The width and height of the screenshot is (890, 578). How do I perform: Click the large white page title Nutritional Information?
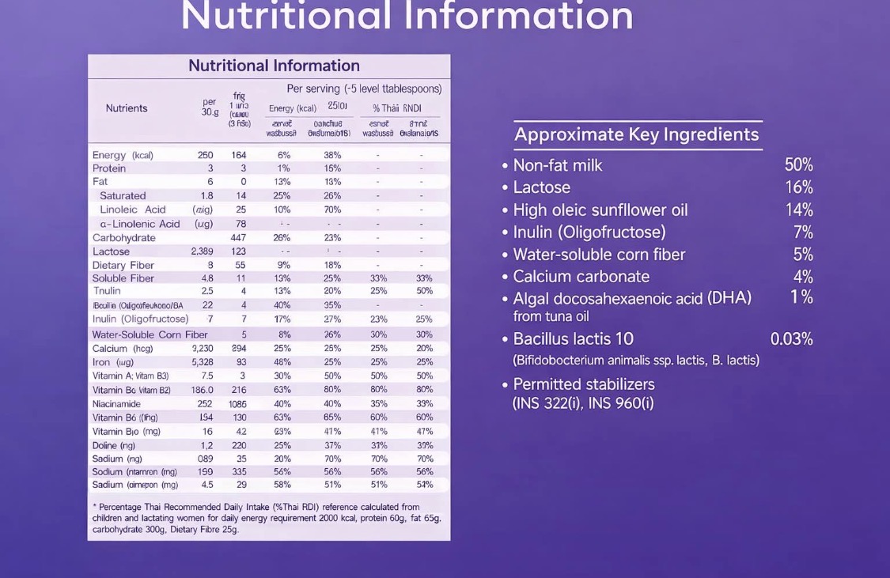pyautogui.click(x=407, y=16)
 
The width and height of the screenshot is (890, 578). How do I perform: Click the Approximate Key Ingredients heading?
pyautogui.click(x=636, y=134)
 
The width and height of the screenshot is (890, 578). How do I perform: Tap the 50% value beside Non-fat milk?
pyautogui.click(x=798, y=165)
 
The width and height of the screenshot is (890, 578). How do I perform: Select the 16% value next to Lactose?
pyautogui.click(x=798, y=187)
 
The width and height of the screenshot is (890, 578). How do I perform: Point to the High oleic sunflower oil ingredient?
pyautogui.click(x=600, y=210)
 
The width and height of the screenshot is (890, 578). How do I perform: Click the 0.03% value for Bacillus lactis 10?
pyautogui.click(x=791, y=339)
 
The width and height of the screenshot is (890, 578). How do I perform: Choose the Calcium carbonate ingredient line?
pyautogui.click(x=581, y=277)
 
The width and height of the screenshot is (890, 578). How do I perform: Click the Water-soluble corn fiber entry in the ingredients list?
pyautogui.click(x=599, y=255)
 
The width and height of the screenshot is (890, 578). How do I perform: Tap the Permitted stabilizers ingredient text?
pyautogui.click(x=584, y=384)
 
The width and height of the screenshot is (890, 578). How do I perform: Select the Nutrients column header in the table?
pyautogui.click(x=127, y=108)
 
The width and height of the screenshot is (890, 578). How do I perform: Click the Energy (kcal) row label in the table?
pyautogui.click(x=123, y=155)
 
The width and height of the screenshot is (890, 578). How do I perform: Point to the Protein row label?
pyautogui.click(x=109, y=168)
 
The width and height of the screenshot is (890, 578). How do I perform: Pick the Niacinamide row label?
pyautogui.click(x=116, y=404)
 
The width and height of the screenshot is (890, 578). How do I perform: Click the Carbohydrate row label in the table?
pyautogui.click(x=124, y=238)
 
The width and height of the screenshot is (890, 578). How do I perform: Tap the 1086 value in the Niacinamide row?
pyautogui.click(x=237, y=404)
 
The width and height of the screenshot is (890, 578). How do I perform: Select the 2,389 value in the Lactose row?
pyautogui.click(x=202, y=251)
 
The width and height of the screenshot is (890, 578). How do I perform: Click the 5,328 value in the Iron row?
pyautogui.click(x=202, y=362)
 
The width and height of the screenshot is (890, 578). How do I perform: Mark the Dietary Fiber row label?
pyautogui.click(x=123, y=265)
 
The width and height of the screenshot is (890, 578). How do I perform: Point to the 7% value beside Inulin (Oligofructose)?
pyautogui.click(x=803, y=232)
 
